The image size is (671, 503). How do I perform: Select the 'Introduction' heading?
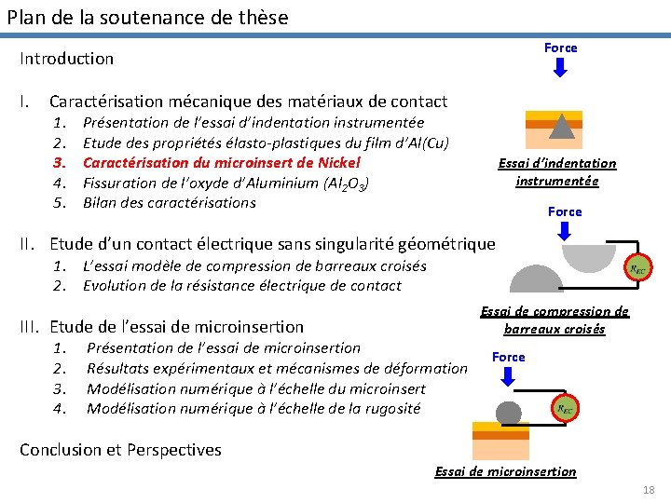(67, 59)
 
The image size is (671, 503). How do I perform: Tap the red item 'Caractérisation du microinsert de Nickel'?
(221, 162)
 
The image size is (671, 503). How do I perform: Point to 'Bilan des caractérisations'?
(169, 203)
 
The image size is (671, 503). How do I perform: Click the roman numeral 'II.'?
(29, 245)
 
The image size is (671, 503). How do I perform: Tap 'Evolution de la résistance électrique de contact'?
(241, 286)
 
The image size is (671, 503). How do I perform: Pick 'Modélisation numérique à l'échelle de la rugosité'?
(253, 408)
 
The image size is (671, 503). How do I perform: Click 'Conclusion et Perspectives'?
(120, 450)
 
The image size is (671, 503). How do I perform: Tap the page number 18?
(649, 490)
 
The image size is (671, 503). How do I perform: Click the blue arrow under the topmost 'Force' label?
(560, 68)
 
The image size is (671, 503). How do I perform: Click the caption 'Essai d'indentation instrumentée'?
(557, 172)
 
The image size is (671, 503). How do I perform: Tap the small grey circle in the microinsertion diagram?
(508, 413)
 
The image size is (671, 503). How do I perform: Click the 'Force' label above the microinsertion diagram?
(509, 358)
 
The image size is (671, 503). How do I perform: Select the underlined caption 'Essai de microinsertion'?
(505, 472)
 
